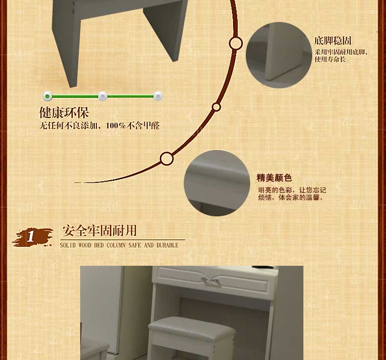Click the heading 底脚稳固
[333, 41]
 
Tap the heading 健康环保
[64, 113]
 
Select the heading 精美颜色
[274, 178]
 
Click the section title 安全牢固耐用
[100, 231]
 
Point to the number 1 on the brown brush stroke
[31, 236]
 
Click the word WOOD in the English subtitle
[85, 245]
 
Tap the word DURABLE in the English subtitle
[168, 245]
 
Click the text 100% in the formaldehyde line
[116, 126]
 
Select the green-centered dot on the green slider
[47, 96]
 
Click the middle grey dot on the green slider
[103, 96]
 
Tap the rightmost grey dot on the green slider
[158, 96]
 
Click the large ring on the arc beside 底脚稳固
[236, 43]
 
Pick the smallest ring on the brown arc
[216, 107]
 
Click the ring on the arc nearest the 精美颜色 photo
[167, 158]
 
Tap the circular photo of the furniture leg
[279, 55]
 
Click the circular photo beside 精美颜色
[217, 183]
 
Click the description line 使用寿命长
[330, 59]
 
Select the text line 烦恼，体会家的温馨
[291, 197]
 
